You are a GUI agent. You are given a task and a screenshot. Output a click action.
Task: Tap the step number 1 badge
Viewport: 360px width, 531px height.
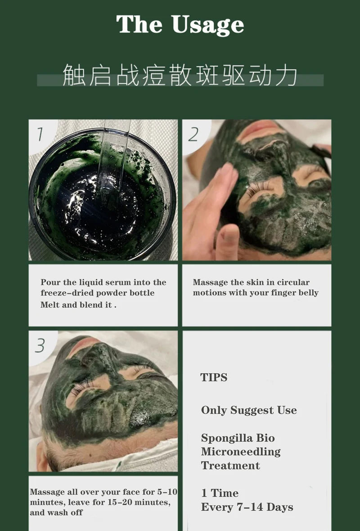coord(40,134)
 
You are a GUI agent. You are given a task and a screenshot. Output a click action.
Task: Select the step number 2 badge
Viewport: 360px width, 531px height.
coord(193,134)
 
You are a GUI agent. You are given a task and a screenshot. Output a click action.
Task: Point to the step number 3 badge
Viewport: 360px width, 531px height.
coord(40,345)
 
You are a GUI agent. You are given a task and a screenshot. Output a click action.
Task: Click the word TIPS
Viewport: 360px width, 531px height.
coord(214,378)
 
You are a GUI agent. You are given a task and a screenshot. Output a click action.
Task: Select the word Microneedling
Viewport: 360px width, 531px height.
coord(241,452)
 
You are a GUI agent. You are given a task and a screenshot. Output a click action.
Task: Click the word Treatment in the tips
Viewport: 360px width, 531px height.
coord(230,466)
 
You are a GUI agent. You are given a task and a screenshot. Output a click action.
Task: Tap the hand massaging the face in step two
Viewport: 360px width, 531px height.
coord(211,207)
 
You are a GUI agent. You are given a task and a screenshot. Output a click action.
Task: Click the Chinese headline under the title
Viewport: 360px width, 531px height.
coord(180,76)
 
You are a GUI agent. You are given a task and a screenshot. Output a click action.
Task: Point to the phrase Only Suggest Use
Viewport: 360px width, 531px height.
coord(249,410)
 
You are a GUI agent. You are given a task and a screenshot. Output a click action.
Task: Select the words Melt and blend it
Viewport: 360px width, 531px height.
coord(76,305)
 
